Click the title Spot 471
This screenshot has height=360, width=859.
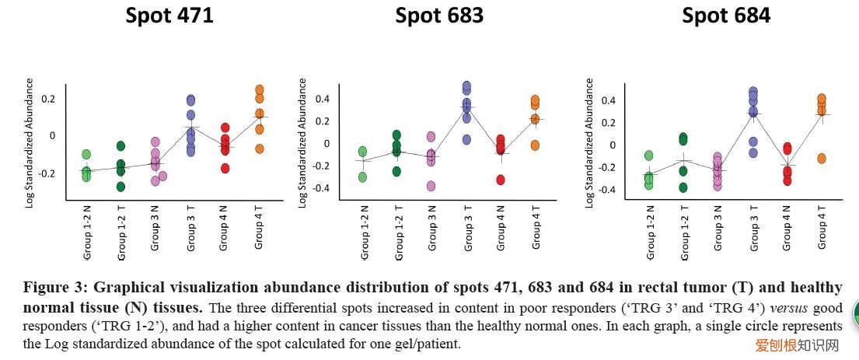(x=169, y=16)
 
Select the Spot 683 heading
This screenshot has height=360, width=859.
(x=439, y=16)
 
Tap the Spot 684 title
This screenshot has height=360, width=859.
(x=726, y=16)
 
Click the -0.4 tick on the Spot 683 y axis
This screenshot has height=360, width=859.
(x=321, y=188)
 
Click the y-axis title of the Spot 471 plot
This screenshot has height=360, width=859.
(x=30, y=142)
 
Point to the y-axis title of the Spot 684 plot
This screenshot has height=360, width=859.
(x=590, y=142)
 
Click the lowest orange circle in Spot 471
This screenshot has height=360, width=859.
(x=259, y=149)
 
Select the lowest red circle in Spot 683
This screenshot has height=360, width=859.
(x=501, y=180)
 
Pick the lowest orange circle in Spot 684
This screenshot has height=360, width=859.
(x=820, y=159)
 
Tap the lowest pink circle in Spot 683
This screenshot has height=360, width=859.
(x=431, y=186)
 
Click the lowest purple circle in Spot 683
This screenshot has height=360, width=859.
(x=466, y=139)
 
